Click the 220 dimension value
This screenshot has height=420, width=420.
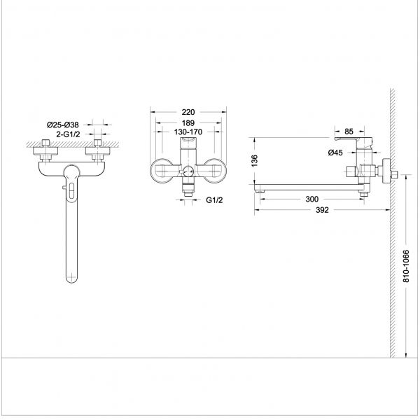click(x=188, y=112)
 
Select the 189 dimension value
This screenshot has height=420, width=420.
click(x=188, y=123)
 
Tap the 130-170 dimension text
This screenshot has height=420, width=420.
click(x=188, y=132)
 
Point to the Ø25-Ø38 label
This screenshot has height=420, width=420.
click(x=63, y=125)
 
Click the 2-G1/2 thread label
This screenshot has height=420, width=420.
click(x=68, y=134)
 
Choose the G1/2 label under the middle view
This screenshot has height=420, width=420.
click(x=214, y=200)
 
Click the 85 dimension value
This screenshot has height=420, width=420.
click(x=349, y=132)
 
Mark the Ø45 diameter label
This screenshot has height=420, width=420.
click(x=335, y=153)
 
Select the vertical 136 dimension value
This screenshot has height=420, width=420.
click(x=255, y=161)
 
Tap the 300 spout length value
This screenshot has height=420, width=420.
click(x=311, y=199)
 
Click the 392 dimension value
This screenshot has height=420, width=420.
click(x=322, y=210)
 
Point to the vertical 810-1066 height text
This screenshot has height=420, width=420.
click(x=406, y=266)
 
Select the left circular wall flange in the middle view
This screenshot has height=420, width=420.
click(x=161, y=171)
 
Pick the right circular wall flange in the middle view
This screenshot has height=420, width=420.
click(x=216, y=171)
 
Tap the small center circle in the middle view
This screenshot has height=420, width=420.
click(x=188, y=171)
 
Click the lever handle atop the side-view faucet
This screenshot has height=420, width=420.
click(x=353, y=140)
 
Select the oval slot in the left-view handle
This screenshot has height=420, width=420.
click(x=71, y=190)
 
